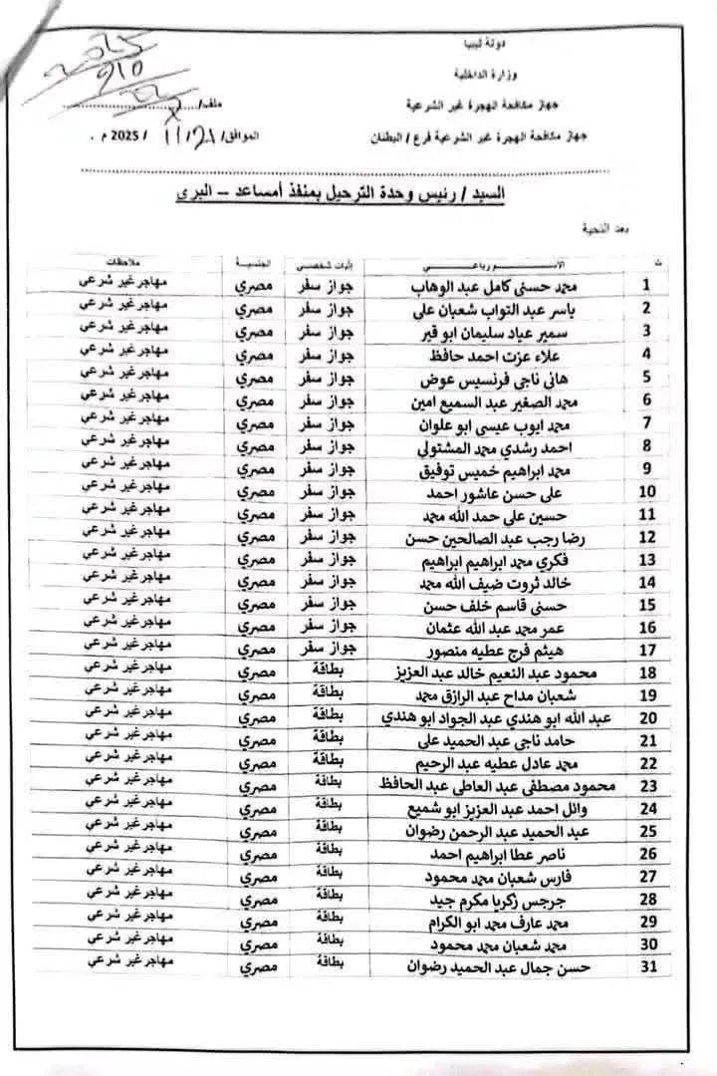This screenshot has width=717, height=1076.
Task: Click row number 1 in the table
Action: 646,285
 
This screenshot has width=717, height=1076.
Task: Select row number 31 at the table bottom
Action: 647,964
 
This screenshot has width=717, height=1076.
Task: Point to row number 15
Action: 647,604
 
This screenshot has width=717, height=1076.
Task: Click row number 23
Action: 647,785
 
